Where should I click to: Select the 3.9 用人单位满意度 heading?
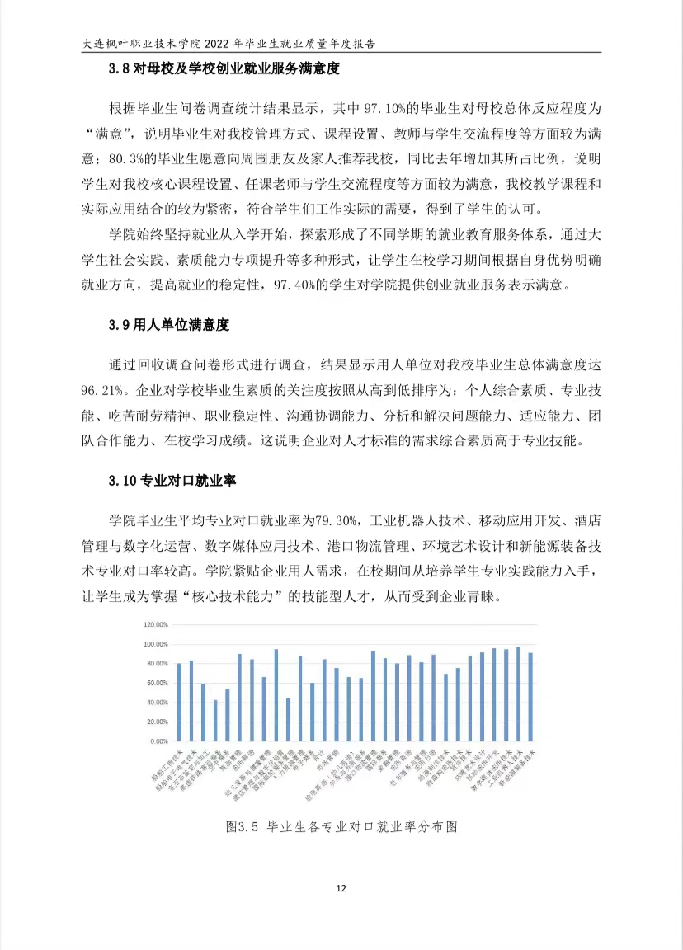[x=168, y=325]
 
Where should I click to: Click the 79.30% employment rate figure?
[x=335, y=521]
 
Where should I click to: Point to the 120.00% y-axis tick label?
[x=154, y=623]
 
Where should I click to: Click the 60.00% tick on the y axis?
[x=156, y=683]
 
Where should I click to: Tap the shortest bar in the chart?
[x=215, y=721]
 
